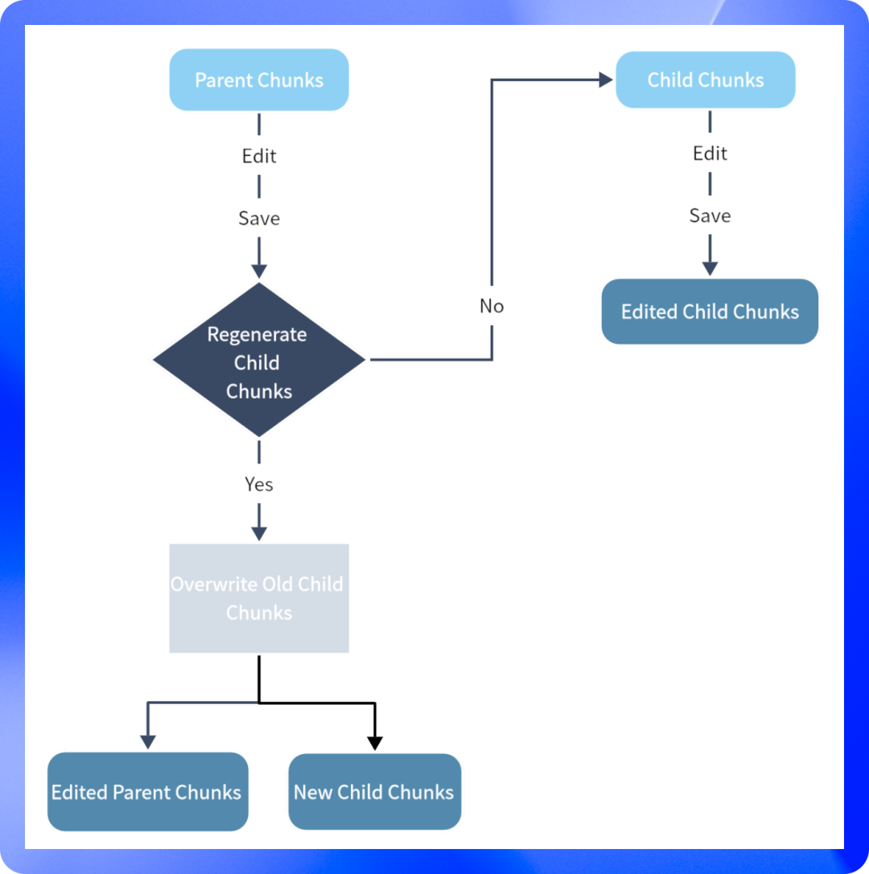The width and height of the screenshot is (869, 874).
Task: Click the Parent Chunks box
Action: [x=259, y=80]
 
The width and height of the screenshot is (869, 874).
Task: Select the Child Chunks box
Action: [x=706, y=80]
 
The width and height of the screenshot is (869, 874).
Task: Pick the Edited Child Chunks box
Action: [x=710, y=311]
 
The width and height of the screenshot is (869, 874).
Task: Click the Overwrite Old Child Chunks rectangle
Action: [x=259, y=598]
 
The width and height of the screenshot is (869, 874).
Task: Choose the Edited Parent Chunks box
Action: [x=147, y=792]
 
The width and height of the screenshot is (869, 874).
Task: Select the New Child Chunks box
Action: [x=374, y=792]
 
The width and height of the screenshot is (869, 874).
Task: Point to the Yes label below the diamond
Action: [x=259, y=484]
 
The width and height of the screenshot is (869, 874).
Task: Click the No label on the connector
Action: [x=492, y=306]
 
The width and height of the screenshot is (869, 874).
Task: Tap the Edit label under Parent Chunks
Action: [x=259, y=155]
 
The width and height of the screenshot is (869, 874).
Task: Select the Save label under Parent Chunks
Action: [x=259, y=218]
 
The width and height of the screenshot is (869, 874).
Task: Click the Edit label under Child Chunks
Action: [x=710, y=153]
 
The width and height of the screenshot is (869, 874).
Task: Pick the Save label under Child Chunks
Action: [x=710, y=216]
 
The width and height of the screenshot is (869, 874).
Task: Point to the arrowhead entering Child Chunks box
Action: [x=606, y=80]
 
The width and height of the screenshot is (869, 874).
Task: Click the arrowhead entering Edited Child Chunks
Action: [x=710, y=268]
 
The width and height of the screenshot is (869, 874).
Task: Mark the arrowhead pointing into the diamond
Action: [x=259, y=270]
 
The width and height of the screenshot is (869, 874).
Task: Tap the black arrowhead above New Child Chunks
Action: [x=375, y=743]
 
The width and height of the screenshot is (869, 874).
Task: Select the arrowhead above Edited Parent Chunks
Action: [x=148, y=741]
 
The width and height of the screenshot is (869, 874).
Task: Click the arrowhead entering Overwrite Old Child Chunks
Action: [x=259, y=533]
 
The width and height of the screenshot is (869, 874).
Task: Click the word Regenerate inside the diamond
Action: [x=257, y=334]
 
